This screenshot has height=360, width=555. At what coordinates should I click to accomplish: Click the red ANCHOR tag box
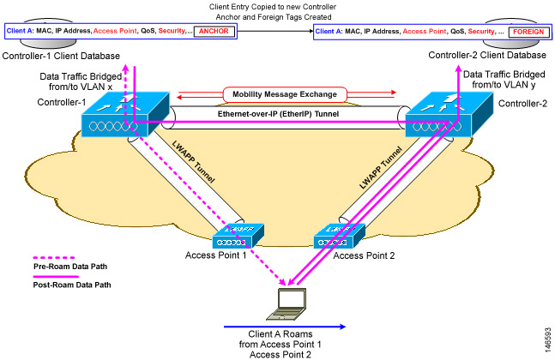(x=214, y=31)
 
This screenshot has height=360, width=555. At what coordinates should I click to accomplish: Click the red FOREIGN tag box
(x=528, y=32)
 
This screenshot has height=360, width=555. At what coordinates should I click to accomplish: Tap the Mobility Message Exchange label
(x=285, y=94)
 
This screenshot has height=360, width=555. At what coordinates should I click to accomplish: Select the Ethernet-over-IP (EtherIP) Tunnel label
(x=278, y=114)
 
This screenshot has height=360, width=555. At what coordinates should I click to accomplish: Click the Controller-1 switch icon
(x=125, y=114)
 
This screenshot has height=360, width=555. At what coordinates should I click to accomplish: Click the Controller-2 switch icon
(x=449, y=114)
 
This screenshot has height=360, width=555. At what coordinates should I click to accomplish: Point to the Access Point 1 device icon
(x=238, y=236)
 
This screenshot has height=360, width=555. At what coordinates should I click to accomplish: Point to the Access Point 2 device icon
(x=339, y=236)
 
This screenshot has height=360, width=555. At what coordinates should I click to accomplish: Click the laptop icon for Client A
(x=287, y=304)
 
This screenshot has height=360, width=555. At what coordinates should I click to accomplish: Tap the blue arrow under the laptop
(x=285, y=327)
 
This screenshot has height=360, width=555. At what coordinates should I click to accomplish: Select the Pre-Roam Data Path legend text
(x=70, y=267)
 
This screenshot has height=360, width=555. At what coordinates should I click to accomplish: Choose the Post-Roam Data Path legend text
(x=72, y=285)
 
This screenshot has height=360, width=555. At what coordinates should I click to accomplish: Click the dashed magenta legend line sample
(x=54, y=258)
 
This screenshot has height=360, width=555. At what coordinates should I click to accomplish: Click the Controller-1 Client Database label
(x=61, y=56)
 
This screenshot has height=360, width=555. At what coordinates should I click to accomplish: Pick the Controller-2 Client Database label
(x=487, y=55)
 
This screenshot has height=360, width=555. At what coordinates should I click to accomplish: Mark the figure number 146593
(x=548, y=340)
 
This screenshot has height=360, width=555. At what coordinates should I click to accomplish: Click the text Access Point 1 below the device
(x=215, y=255)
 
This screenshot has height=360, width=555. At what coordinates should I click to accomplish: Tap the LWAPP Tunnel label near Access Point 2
(x=381, y=168)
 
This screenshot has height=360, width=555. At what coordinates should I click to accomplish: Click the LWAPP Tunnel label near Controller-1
(x=193, y=161)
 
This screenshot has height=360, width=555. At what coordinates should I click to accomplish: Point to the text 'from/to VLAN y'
(x=504, y=85)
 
